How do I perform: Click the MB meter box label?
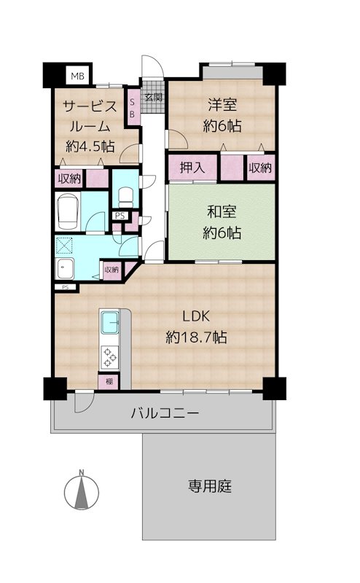[x=78, y=77]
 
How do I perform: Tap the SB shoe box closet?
[x=132, y=107]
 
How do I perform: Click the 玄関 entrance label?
[x=154, y=98]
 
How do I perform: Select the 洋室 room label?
[x=222, y=105]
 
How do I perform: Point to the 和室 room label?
[x=222, y=212]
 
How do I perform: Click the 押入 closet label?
[x=192, y=168]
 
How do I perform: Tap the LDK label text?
[x=196, y=316]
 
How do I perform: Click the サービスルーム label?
[x=90, y=117]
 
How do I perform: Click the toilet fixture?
[x=125, y=197]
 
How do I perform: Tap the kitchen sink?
[x=110, y=322]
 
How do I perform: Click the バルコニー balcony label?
[x=165, y=412]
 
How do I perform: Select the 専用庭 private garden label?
[x=210, y=485]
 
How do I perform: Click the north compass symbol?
[x=82, y=491]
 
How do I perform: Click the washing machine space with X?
[x=65, y=246]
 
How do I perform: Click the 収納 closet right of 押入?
[x=260, y=168]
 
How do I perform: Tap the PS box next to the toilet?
[x=120, y=216]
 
